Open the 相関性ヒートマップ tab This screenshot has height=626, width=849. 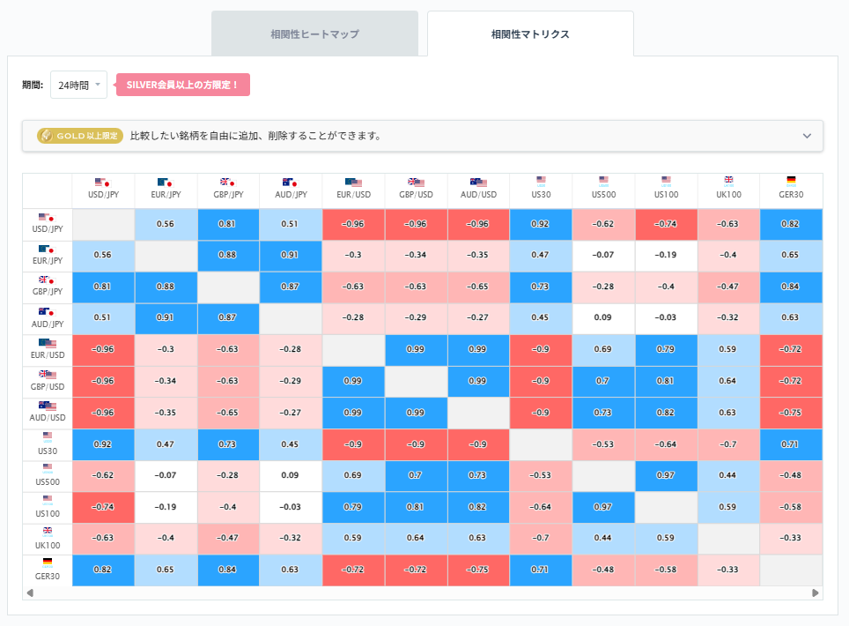314,34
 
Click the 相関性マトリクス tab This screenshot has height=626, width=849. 530,34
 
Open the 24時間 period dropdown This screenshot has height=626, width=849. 78,86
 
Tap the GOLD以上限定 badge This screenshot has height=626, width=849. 78,136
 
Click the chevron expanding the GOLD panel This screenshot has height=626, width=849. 807,136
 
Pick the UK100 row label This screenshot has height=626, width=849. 47,540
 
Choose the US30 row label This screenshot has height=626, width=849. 47,444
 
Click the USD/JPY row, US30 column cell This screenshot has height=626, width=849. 541,223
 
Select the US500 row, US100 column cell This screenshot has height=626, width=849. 666,476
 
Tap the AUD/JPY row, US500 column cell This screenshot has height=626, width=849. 603,318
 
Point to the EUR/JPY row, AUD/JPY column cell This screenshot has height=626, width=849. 291,255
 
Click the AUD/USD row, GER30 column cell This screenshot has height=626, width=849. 791,413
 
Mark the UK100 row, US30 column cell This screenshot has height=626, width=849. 541,539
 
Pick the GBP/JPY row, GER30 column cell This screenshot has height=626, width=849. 791,287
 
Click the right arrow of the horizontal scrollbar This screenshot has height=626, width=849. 816,593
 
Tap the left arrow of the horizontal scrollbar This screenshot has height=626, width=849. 31,593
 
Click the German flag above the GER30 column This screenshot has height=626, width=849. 791,180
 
